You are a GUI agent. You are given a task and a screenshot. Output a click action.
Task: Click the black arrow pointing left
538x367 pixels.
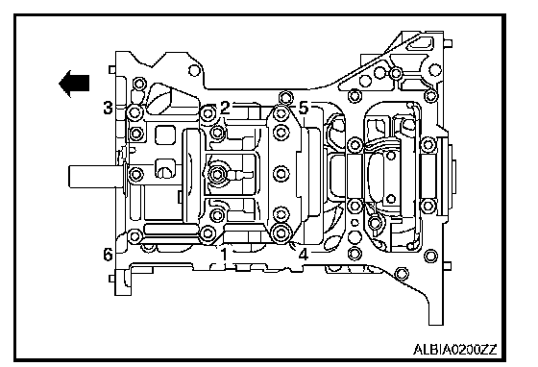pyautogui.click(x=74, y=84)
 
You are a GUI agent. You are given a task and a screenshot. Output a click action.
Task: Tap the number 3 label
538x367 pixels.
pyautogui.click(x=108, y=108)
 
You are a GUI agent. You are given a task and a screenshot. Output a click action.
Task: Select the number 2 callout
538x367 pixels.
pyautogui.click(x=225, y=108)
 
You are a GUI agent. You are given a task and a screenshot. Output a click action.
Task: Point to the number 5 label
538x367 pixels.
pyautogui.click(x=304, y=108)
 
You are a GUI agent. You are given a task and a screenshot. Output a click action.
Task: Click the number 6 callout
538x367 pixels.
pyautogui.click(x=108, y=255)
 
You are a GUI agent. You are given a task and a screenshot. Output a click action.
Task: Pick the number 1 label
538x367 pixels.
pyautogui.click(x=224, y=255)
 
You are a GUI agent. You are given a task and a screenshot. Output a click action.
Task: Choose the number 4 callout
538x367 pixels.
pyautogui.click(x=304, y=255)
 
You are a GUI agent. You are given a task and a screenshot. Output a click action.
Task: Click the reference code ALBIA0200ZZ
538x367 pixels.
pyautogui.click(x=455, y=350)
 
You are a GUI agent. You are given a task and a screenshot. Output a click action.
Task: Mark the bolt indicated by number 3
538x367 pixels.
pyautogui.click(x=134, y=112)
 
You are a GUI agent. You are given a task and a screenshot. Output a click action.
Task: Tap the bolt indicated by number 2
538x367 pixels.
pyautogui.click(x=208, y=113)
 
